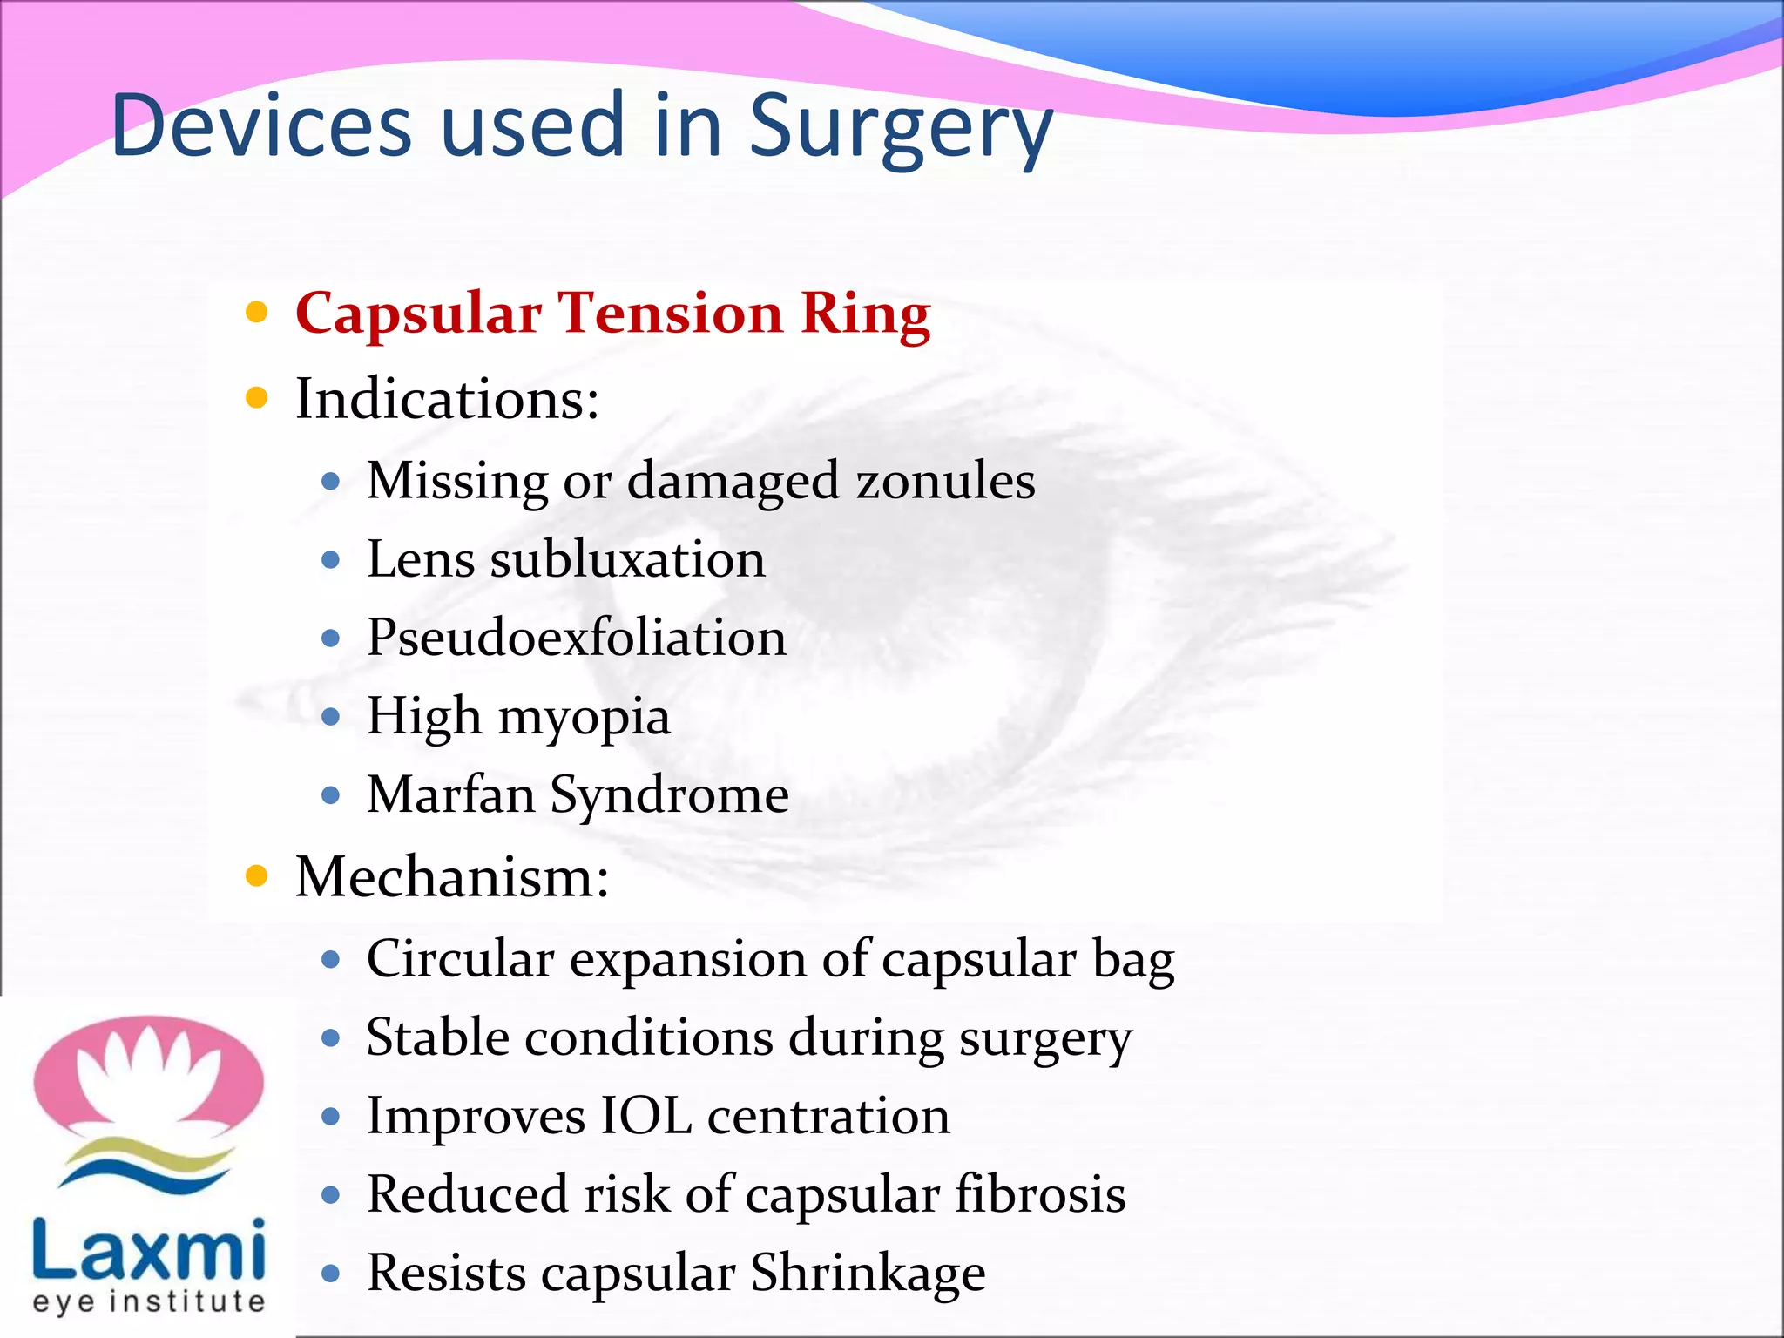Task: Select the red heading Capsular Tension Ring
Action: click(x=612, y=314)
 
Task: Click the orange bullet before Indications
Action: click(x=256, y=399)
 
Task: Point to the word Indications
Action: click(x=447, y=399)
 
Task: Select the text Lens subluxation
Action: click(x=565, y=559)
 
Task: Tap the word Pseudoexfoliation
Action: click(x=576, y=638)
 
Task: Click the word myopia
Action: click(x=584, y=718)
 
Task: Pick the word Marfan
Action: click(x=450, y=794)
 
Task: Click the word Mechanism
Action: click(x=451, y=876)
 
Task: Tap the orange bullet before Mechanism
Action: click(x=256, y=876)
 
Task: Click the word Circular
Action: click(x=460, y=958)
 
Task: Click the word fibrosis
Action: click(x=1040, y=1194)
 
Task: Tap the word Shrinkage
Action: click(x=868, y=1273)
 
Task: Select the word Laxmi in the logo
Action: click(x=148, y=1250)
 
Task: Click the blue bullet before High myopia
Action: click(x=330, y=717)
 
